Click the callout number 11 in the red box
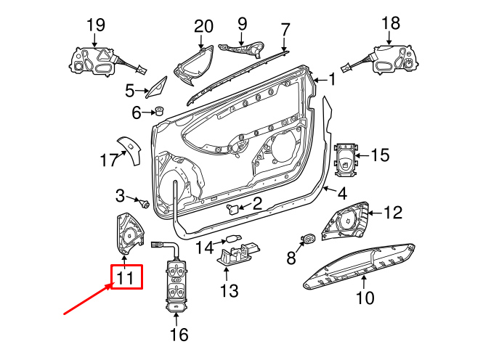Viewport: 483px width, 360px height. tap(126, 277)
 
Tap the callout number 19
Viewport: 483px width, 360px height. tap(96, 25)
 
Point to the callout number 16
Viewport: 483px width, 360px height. tap(178, 335)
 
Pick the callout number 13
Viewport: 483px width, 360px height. tap(229, 291)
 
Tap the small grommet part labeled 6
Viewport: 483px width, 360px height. tap(158, 112)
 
